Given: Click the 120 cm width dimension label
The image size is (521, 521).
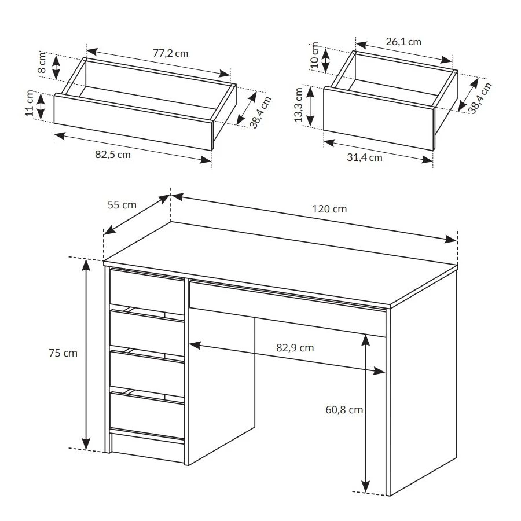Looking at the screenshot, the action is [329, 208].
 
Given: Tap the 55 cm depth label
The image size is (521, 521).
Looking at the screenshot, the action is [122, 205].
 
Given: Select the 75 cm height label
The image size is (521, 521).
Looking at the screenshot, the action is [63, 353].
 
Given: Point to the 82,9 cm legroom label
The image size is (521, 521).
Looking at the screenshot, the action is [295, 348].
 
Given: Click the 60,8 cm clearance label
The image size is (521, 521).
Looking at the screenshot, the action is [344, 410].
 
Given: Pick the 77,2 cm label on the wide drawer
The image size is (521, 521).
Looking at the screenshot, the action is [170, 53].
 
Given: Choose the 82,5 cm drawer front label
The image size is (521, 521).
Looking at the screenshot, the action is [113, 155].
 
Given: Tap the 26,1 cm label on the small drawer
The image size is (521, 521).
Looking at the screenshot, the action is [403, 42].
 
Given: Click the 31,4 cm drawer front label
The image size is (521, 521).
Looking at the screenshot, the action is [365, 157].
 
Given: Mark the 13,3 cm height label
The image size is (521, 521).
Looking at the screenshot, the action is [298, 105].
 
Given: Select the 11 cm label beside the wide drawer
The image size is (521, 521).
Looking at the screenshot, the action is [30, 103].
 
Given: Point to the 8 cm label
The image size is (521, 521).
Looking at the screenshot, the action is [42, 63].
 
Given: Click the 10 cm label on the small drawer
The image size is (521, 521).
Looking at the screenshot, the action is [314, 55].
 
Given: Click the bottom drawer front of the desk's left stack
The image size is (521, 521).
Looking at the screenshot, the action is [147, 415].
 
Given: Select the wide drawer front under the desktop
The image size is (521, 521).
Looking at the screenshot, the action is [287, 309].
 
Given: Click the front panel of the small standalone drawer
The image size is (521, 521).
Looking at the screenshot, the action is [379, 118].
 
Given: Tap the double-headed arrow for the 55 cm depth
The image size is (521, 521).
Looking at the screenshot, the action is [137, 215].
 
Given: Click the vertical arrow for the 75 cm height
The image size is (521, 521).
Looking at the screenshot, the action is [86, 354].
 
